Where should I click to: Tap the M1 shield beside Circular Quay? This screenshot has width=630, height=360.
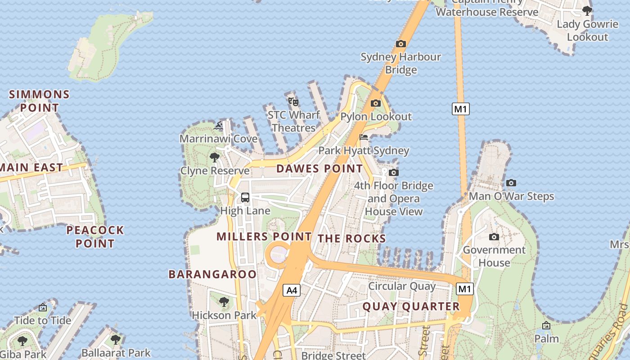click(464, 289)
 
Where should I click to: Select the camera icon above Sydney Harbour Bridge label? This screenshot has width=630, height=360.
click(400, 44)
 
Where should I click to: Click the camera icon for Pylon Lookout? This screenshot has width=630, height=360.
click(375, 103)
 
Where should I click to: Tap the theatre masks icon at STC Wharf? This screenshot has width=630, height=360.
click(293, 102)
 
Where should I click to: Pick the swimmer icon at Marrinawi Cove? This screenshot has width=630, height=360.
click(218, 126)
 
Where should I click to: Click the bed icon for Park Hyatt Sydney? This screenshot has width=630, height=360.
click(364, 137)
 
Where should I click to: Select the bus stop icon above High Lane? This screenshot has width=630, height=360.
click(245, 197)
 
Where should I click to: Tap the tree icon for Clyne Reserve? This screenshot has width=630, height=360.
click(215, 157)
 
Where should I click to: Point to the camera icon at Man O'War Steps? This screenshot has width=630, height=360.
click(511, 183)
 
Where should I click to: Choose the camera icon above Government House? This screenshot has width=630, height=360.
click(494, 237)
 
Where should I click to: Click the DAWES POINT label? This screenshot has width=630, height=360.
click(319, 169)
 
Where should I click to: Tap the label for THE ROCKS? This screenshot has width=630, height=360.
click(352, 238)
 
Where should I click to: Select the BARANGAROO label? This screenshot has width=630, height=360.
click(212, 274)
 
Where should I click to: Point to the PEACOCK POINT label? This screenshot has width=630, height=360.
click(95, 237)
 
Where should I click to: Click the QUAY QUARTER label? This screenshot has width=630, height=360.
click(411, 306)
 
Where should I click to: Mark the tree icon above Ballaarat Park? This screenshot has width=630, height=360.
click(116, 339)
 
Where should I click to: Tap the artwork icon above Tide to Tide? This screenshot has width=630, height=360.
click(43, 307)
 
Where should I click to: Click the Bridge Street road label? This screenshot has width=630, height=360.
click(333, 355)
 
